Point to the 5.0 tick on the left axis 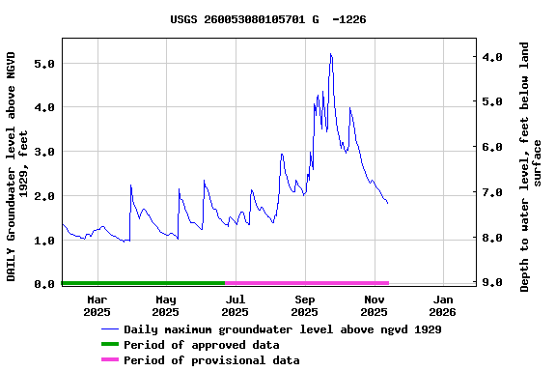click(43, 64)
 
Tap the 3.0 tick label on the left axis click(43, 153)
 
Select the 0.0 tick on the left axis click(43, 285)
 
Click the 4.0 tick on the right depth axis click(492, 57)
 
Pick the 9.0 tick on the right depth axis click(492, 283)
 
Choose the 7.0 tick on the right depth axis click(492, 193)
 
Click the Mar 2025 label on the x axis click(97, 305)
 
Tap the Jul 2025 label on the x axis click(235, 305)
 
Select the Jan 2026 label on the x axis click(442, 305)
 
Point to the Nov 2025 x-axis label click(374, 305)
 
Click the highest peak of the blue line click(330, 54)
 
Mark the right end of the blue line click(388, 203)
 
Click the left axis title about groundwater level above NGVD click(18, 166)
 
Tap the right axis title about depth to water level click(531, 166)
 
